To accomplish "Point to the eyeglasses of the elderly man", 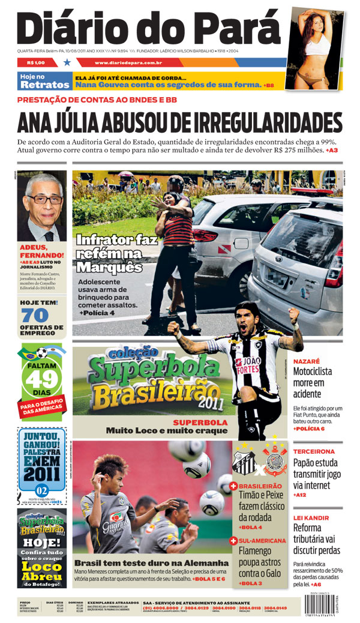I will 44,199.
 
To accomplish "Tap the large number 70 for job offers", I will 34,315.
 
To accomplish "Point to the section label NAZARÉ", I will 305,361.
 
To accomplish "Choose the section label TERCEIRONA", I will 313,451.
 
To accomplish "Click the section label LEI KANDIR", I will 311,517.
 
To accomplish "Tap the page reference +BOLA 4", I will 251,527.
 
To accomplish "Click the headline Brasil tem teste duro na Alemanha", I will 151,563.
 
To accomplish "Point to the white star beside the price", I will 67,62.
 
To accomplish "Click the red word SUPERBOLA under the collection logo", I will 200,422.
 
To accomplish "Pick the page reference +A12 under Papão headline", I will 301,495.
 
